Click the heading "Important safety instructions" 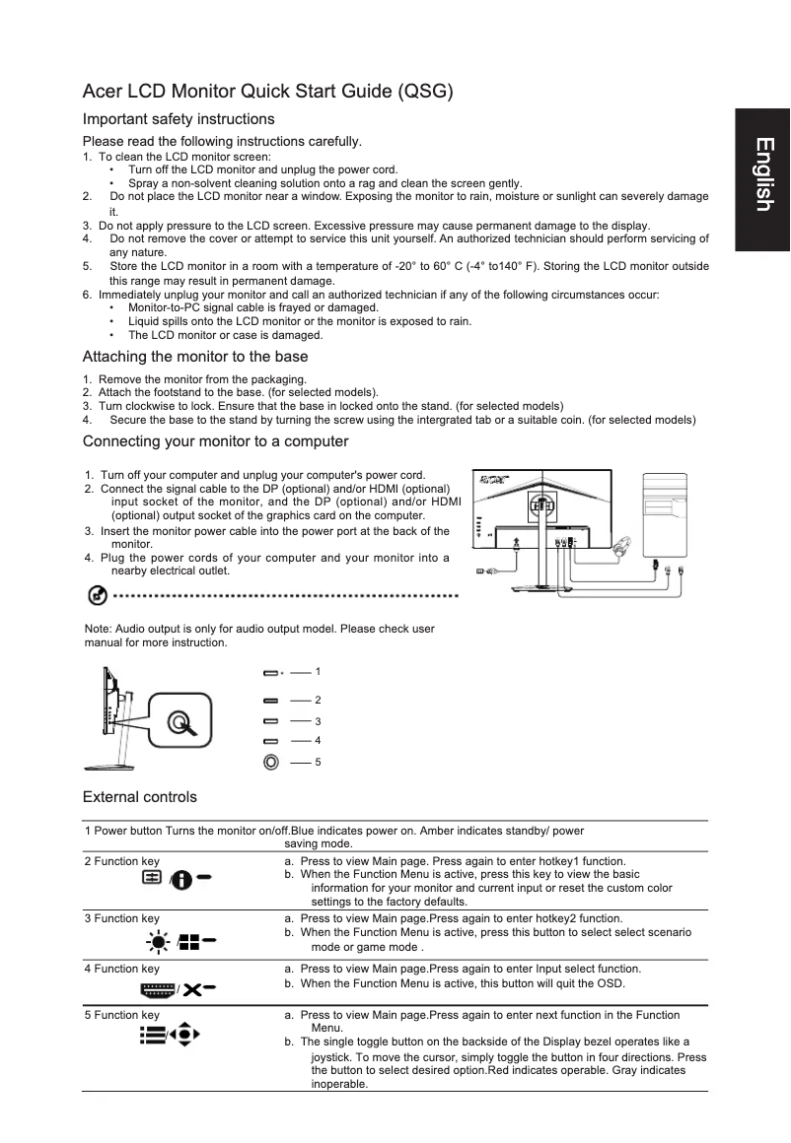[179, 119]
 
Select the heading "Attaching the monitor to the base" [195, 357]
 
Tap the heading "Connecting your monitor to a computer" [215, 440]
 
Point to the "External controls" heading [139, 797]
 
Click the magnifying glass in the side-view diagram [179, 723]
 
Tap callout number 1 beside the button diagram [318, 671]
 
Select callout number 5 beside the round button [318, 762]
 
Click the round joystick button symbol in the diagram [271, 762]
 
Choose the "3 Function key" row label [122, 918]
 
